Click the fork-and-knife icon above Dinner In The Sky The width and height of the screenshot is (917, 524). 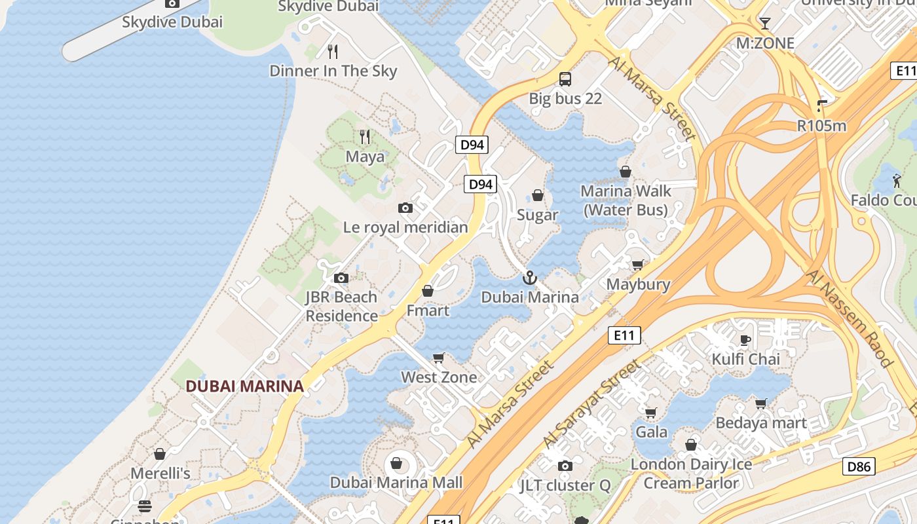point(333,51)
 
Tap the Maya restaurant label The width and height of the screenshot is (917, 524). point(365,157)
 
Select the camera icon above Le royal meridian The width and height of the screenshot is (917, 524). point(405,208)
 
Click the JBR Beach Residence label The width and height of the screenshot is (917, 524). point(341,307)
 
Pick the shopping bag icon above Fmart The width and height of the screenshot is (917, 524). point(428,290)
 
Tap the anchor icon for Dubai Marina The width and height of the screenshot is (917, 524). point(529,278)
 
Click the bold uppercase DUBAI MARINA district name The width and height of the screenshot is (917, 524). point(244,386)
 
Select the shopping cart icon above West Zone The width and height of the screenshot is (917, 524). point(439,358)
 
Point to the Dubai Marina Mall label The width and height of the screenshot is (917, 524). point(396,483)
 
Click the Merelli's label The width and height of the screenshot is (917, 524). point(160,474)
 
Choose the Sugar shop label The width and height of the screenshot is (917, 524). point(538,215)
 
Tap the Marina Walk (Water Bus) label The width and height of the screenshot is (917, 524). point(626,200)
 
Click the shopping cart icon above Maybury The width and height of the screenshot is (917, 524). point(637,265)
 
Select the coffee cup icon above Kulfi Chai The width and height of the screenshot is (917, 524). point(745,339)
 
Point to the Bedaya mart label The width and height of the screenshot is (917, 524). point(761,423)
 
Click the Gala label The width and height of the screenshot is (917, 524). point(651,432)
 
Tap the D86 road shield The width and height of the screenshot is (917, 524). point(858,466)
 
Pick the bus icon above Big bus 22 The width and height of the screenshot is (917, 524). point(565,79)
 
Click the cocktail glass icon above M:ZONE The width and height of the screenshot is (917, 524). point(764,24)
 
